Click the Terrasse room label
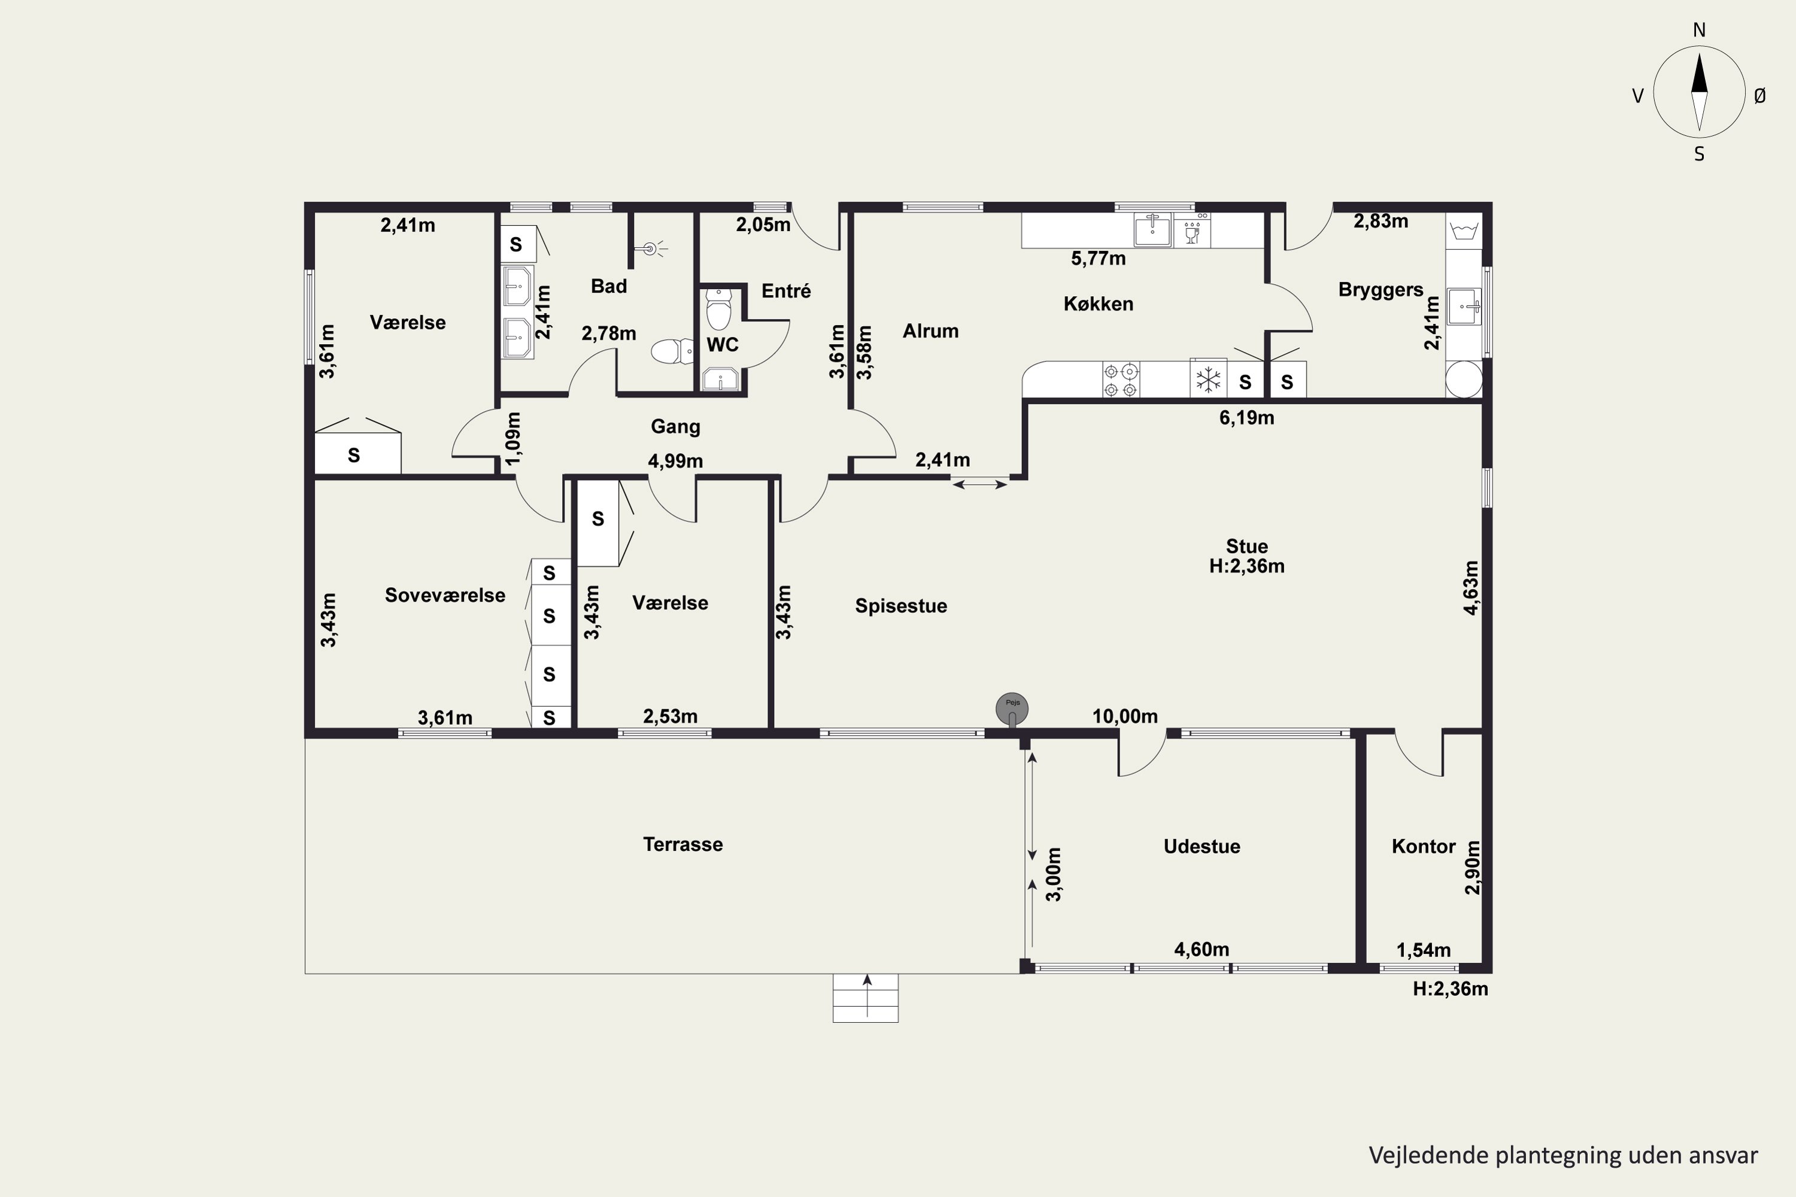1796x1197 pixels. tap(682, 844)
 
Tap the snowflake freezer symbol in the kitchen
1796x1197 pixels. tap(1208, 379)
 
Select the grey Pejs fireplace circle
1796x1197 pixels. tap(1012, 709)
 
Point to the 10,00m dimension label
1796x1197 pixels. tap(1125, 716)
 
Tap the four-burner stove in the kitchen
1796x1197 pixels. tap(1121, 379)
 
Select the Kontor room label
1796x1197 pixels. tap(1424, 847)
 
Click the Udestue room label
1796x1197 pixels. tap(1202, 847)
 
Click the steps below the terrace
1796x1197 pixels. tap(865, 998)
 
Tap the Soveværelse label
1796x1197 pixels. tap(445, 596)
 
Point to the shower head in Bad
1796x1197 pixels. tap(651, 248)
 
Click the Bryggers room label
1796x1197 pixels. tap(1381, 290)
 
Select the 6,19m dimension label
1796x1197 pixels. tap(1246, 418)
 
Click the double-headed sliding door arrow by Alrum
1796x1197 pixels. tap(979, 483)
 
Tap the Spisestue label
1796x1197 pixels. tap(901, 606)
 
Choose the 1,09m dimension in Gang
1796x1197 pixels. tap(514, 438)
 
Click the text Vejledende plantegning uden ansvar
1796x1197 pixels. tap(1563, 1155)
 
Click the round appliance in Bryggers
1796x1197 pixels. tap(1464, 379)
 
